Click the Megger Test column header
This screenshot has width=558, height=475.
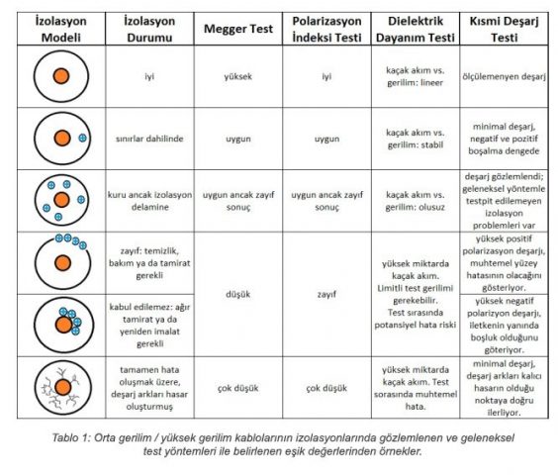coord(238,29)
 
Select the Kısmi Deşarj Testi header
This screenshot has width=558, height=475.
coord(504,29)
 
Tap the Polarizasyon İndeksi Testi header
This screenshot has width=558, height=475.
coord(326,29)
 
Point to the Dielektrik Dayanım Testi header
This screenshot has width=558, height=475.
coord(416,29)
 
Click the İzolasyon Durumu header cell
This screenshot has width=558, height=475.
coord(149,29)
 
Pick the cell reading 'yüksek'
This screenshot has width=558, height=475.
coord(238,76)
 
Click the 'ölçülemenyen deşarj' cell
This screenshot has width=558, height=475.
coord(504,76)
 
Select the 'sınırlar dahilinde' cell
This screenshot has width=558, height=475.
coord(149,139)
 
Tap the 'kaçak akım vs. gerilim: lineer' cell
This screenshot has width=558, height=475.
coord(416,76)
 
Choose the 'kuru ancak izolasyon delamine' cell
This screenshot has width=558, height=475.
coord(149,201)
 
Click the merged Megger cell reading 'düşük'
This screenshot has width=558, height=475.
coord(238,294)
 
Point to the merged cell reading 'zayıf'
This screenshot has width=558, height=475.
coord(326,294)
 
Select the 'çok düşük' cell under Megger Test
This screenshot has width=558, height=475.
coord(238,388)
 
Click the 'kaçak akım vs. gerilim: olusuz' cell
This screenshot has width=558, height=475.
coord(416,201)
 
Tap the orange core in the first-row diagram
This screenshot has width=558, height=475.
coord(61,76)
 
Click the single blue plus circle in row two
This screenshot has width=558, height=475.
coord(82,138)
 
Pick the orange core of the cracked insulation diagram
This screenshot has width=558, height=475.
coord(63,387)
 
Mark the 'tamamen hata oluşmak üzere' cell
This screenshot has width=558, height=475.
coord(149,388)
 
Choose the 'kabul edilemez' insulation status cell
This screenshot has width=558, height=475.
coord(149,326)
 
